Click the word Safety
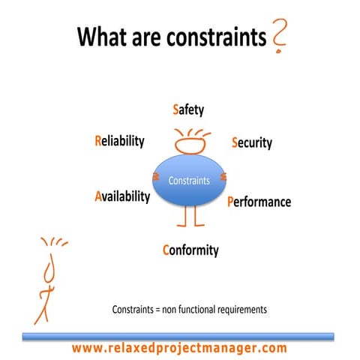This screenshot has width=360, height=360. pos(188,110)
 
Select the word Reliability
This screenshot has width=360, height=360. pos(119,141)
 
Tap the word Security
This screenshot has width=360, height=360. pos(252,142)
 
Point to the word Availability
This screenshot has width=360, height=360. pos(122,196)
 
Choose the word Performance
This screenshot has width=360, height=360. pos(259,202)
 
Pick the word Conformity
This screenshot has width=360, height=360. pos(190,250)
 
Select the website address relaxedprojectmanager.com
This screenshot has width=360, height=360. pos(180,348)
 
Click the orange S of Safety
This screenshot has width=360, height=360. pos(175,110)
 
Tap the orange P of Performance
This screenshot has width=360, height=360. pos(231,202)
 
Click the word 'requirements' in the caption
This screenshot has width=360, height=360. pos(240,309)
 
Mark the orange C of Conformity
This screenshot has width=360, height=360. pos(166,250)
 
